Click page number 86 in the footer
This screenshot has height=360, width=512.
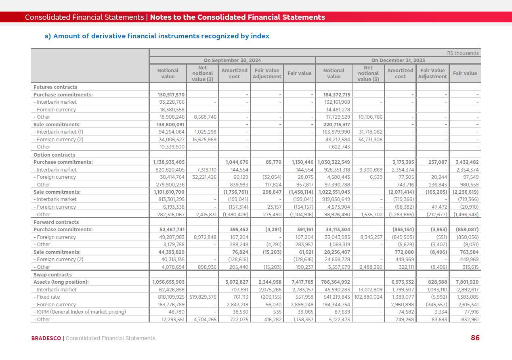tap(475, 338)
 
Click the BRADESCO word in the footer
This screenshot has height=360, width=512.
tap(46, 338)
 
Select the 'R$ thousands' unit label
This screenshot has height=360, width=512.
tap(463, 53)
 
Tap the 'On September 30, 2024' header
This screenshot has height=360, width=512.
tap(232, 60)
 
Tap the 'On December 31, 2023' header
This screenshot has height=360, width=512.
tap(398, 60)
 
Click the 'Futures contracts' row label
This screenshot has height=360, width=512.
tap(55, 87)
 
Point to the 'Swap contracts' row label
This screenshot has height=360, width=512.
tap(52, 274)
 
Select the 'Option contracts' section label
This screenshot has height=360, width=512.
tap(54, 155)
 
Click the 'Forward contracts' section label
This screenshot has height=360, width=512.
tap(56, 222)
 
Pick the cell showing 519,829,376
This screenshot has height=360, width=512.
tap(203, 297)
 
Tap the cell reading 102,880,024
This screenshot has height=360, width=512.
tap(368, 297)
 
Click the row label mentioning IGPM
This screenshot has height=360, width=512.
tap(80, 312)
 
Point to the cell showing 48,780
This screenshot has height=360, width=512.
tap(176, 312)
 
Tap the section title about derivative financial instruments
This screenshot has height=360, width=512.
tap(157, 36)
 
